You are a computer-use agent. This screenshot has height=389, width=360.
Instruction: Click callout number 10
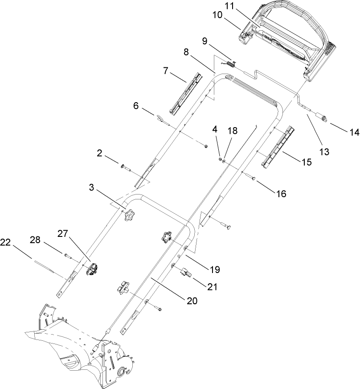(217, 15)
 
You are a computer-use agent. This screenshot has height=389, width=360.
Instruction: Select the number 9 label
(205, 41)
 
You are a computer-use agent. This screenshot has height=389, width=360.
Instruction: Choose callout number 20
(192, 301)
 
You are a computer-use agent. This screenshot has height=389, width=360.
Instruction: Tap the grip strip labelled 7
(187, 93)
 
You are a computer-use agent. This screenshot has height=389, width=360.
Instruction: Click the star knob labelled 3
(129, 216)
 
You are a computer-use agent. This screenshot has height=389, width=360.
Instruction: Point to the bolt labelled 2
(124, 167)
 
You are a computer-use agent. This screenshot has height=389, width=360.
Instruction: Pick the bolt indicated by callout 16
(249, 177)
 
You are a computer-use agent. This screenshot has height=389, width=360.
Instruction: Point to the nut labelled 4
(220, 158)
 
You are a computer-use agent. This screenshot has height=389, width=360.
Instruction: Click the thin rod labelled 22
(45, 267)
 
